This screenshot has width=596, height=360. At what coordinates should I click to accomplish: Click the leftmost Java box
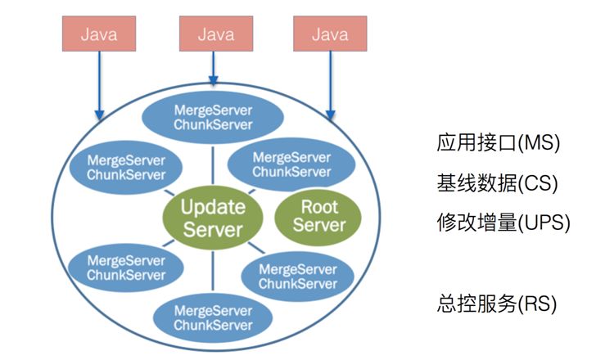(x=99, y=34)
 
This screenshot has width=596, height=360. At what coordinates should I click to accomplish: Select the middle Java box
(x=215, y=34)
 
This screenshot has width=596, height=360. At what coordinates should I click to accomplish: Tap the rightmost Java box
(x=330, y=34)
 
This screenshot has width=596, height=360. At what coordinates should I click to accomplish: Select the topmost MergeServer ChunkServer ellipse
(x=213, y=117)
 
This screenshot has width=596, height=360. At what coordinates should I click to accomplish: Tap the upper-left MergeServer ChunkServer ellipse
(x=126, y=167)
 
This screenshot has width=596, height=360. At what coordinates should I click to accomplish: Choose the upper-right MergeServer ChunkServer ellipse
(x=291, y=164)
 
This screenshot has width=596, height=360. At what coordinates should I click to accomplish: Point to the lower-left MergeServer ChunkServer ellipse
(x=126, y=268)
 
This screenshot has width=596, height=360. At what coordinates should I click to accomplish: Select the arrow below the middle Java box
(x=214, y=74)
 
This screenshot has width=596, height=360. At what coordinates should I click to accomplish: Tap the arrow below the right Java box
(x=330, y=82)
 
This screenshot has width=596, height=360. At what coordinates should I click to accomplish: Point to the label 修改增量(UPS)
(x=502, y=222)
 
